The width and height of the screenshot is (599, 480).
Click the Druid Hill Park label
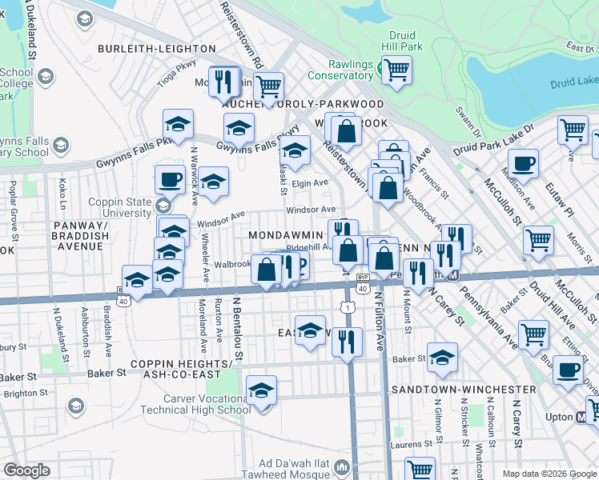(405, 42)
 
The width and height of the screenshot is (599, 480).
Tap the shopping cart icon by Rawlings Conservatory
(396, 70)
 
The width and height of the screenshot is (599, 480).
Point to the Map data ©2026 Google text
(549, 474)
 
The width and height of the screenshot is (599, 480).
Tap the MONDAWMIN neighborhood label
(284, 235)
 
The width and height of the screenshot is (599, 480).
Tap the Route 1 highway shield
(348, 307)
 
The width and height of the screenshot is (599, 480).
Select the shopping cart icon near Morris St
(538, 238)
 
